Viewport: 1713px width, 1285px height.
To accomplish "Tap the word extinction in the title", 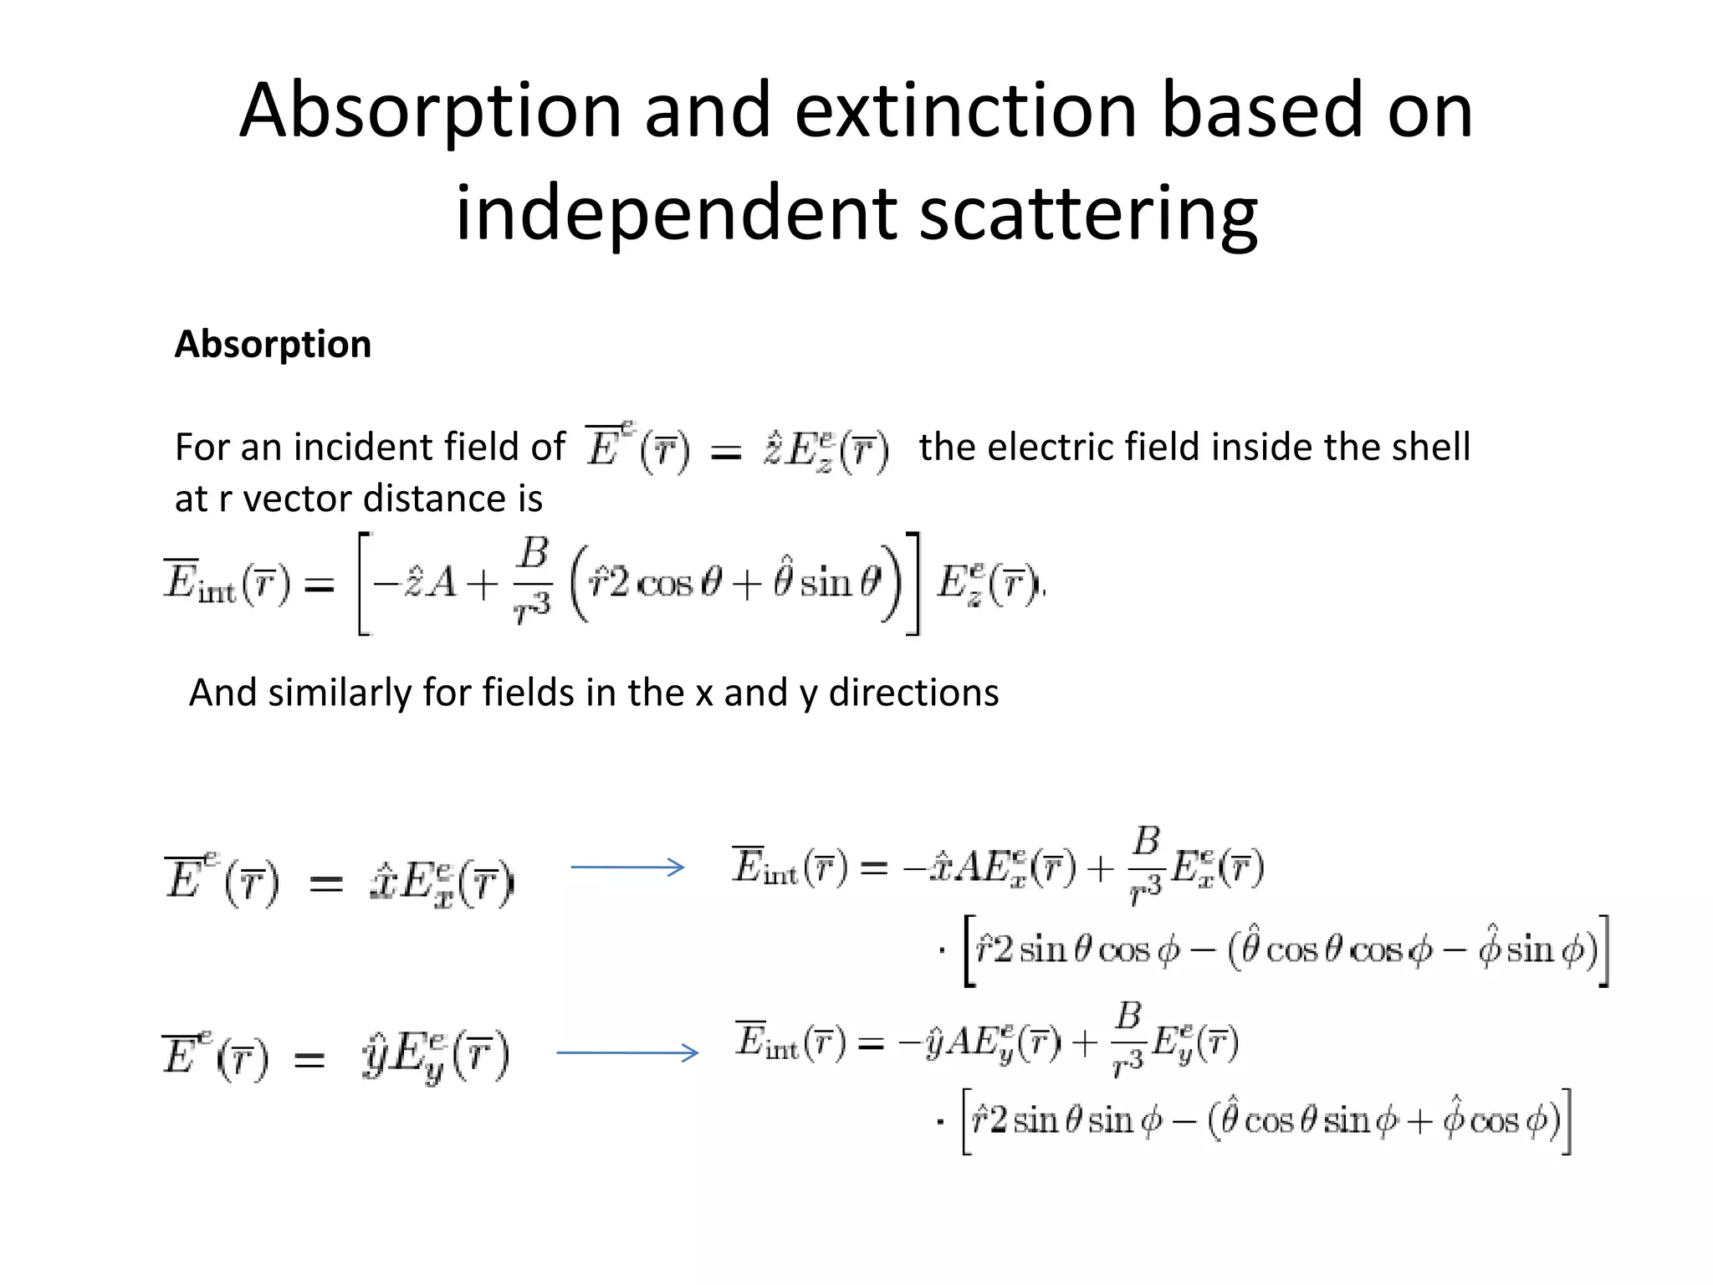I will tap(965, 111).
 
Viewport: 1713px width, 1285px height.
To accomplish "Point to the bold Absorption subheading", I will tap(273, 344).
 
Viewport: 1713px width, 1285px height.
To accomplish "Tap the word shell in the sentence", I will tap(1430, 447).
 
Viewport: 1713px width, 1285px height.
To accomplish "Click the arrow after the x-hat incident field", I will tap(627, 868).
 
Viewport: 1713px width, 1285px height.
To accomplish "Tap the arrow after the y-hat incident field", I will tap(627, 1052).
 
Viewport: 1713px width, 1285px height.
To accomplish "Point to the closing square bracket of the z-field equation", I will tap(913, 583).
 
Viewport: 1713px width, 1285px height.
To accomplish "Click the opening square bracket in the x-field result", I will tap(969, 951).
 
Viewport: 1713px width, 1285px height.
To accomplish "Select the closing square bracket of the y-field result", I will tap(1566, 1121).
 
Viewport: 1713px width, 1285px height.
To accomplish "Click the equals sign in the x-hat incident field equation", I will tap(326, 883).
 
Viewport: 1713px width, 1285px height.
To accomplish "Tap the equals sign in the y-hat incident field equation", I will tap(309, 1061).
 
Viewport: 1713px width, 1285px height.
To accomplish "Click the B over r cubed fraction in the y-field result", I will tap(1128, 1039).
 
